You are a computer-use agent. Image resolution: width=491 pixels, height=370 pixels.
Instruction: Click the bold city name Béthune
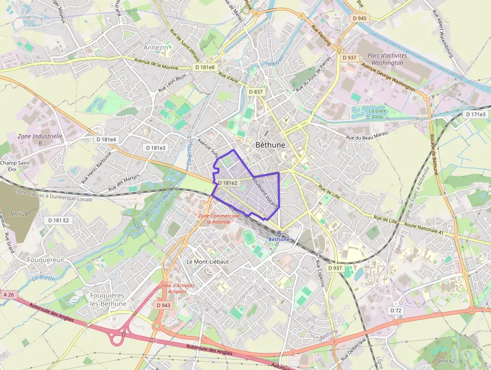coord(270,145)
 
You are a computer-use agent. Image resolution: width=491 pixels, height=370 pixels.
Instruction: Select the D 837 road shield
coord(256,91)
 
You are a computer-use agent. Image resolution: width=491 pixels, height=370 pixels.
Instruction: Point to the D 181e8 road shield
coord(205,67)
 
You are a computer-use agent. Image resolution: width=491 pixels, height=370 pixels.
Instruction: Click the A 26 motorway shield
coord(9,295)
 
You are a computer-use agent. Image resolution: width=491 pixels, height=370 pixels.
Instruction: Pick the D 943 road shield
coord(163,305)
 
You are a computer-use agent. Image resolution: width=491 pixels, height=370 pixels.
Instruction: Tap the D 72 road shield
coord(396,311)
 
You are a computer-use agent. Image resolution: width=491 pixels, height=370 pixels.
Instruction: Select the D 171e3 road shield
coord(475,114)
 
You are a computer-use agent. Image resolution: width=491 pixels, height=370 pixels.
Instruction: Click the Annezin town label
coord(156,47)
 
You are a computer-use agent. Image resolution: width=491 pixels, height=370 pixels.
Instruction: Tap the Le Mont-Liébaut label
coord(207,262)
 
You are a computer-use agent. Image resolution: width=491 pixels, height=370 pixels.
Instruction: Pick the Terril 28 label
coord(19,214)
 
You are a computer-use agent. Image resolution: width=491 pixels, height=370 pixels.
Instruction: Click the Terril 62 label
coord(445,361)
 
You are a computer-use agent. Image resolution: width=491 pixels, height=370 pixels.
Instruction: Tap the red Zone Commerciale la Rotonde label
coord(215,218)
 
